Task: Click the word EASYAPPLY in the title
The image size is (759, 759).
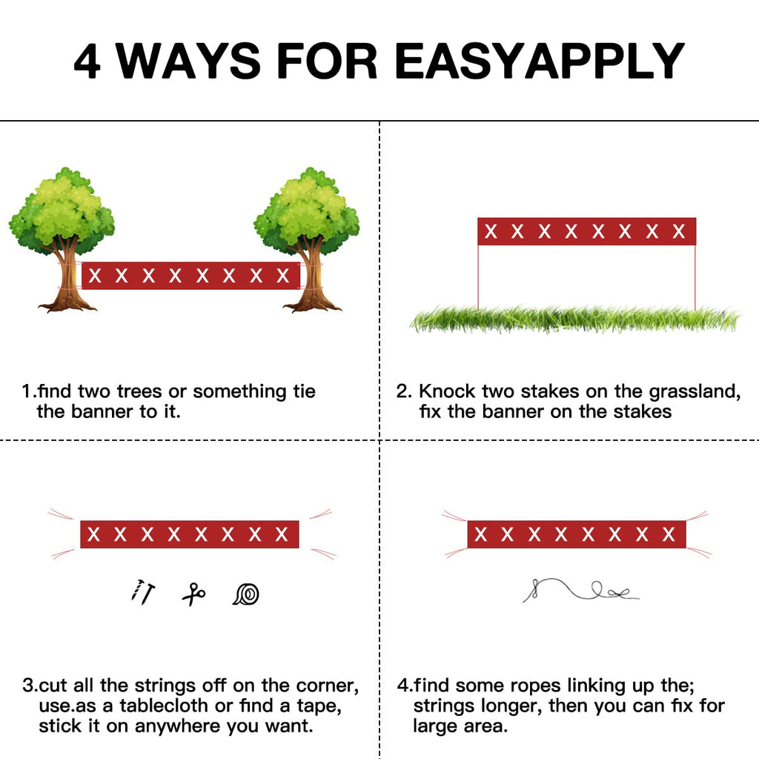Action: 540,61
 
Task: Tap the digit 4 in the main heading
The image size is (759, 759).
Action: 87,61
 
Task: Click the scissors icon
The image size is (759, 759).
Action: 193,594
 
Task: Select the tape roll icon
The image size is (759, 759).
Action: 246,594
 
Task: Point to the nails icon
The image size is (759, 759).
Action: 143,592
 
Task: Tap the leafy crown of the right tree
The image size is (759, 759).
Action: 307,211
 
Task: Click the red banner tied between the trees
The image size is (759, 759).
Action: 190,276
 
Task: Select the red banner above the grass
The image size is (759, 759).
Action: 587,231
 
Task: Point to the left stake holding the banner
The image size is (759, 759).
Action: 478,277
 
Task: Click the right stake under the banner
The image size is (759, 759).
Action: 695,277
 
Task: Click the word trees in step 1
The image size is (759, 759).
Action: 139,391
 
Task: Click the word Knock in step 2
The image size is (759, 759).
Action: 447,391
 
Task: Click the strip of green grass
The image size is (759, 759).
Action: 575,319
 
